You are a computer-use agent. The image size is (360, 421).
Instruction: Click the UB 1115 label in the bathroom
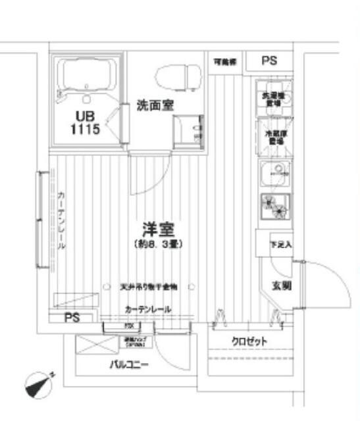click(x=86, y=122)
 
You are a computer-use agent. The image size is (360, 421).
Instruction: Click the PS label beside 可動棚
click(x=269, y=61)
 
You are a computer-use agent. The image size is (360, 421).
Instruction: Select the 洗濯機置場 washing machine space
click(x=272, y=99)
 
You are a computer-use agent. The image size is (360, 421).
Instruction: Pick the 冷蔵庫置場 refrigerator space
click(x=272, y=136)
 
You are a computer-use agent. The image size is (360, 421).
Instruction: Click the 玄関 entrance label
click(x=282, y=285)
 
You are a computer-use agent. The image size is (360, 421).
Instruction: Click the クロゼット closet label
click(x=249, y=341)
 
